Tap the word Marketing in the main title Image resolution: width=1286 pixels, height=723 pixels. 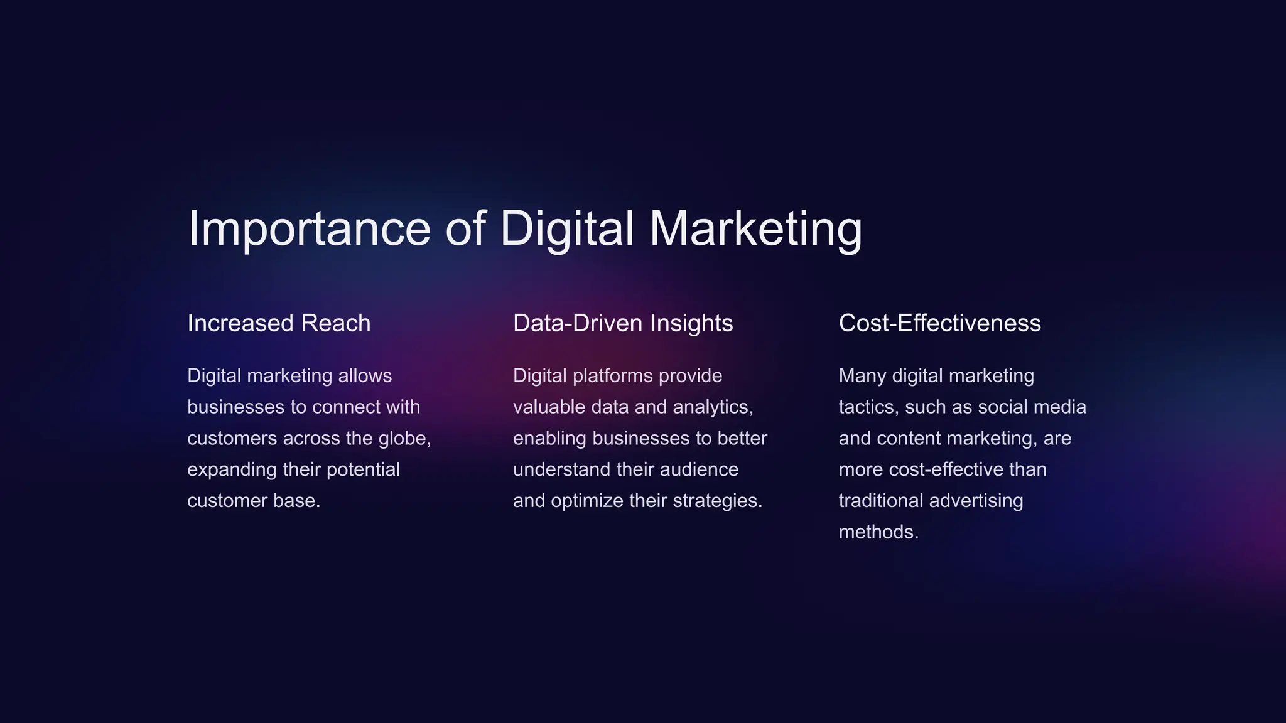click(x=755, y=228)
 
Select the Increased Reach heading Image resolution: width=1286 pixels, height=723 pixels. click(x=279, y=323)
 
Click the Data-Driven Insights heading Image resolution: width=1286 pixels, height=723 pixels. click(x=623, y=323)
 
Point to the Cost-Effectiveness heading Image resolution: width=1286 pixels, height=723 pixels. click(x=939, y=323)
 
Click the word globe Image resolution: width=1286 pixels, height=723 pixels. click(x=403, y=438)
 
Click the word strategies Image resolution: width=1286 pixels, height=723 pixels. click(x=716, y=501)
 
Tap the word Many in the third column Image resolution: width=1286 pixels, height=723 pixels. click(x=862, y=376)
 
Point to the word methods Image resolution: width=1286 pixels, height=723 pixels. click(x=878, y=532)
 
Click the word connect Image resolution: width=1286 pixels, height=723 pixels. click(x=346, y=407)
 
